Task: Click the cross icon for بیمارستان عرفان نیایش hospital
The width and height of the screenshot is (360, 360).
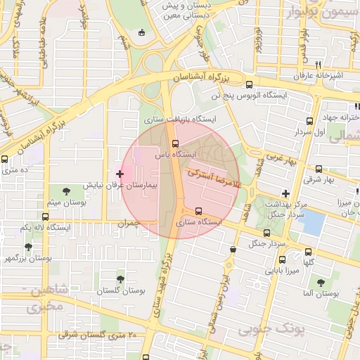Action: click(120, 173)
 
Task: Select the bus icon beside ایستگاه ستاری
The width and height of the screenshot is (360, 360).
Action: click(199, 210)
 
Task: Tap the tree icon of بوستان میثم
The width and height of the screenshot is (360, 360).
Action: click(65, 191)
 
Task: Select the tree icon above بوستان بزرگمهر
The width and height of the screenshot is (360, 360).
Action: click(28, 247)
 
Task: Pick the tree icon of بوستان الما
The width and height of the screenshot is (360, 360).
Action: click(321, 282)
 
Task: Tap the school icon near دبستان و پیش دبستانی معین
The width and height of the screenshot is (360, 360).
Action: click(143, 32)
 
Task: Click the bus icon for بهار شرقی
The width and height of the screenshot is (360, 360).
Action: click(319, 169)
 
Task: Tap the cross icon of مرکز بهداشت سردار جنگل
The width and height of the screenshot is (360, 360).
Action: click(285, 193)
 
